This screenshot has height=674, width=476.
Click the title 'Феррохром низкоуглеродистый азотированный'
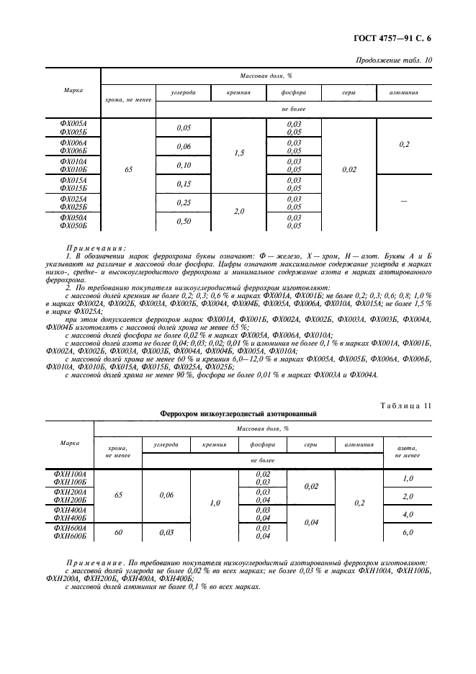pyautogui.click(x=238, y=414)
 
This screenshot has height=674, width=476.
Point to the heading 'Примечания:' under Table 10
pyautogui.click(x=95, y=246)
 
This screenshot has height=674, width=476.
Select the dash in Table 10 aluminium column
pyautogui.click(x=404, y=202)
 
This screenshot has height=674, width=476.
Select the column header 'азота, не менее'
pyautogui.click(x=408, y=451)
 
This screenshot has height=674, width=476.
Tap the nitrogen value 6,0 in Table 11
pyautogui.click(x=408, y=532)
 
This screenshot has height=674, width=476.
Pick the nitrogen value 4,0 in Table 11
pyautogui.click(x=408, y=514)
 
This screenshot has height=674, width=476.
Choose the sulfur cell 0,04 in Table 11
pyautogui.click(x=311, y=523)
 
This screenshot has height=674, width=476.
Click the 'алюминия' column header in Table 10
pyautogui.click(x=404, y=94)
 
